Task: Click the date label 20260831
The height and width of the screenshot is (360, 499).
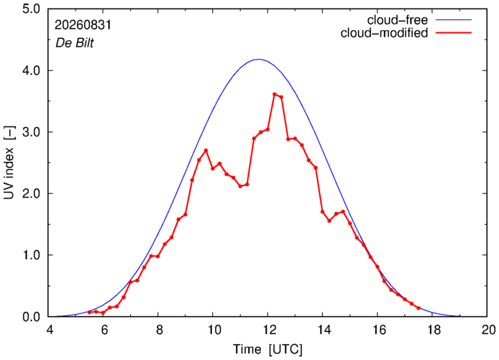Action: tap(83, 25)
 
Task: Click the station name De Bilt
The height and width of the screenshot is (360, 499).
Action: tap(75, 42)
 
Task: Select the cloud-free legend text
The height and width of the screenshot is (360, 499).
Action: tap(397, 19)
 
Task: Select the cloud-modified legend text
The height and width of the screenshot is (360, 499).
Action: tap(384, 33)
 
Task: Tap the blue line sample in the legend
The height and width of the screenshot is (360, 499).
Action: tap(454, 19)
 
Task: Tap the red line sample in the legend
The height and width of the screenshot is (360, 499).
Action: tap(454, 33)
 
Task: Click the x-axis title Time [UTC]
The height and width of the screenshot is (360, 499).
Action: tap(267, 349)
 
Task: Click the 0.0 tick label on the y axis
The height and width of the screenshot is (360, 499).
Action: tap(31, 317)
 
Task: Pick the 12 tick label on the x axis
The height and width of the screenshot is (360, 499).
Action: tap(267, 330)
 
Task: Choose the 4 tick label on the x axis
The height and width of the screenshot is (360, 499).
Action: tap(49, 330)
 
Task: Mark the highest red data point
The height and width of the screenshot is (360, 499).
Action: tap(275, 94)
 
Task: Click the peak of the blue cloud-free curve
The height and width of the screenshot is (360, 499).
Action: tap(259, 59)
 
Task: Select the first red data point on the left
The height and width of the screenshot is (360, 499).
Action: tap(89, 313)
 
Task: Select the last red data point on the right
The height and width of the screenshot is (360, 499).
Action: tap(418, 308)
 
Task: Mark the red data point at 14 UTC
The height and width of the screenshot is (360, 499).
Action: tap(322, 212)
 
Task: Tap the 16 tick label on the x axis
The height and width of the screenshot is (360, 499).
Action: tap(377, 330)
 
